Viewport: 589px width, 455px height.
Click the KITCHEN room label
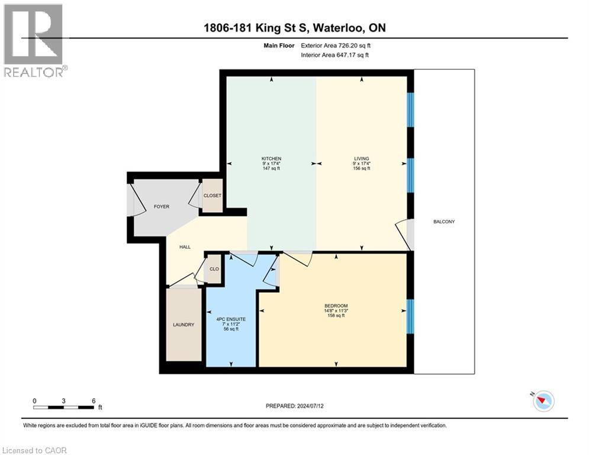click(x=271, y=159)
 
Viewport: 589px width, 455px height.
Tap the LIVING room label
click(x=361, y=159)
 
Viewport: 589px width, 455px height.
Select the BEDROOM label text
click(x=336, y=306)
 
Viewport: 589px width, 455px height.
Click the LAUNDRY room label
click(x=184, y=325)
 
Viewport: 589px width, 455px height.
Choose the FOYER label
click(x=162, y=207)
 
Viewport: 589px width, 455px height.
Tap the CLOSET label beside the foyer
click(x=212, y=196)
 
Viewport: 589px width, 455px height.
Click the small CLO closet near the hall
click(x=214, y=269)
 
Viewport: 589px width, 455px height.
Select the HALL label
click(x=185, y=246)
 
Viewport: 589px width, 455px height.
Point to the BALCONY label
click(x=444, y=222)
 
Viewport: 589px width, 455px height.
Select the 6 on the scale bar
click(x=93, y=400)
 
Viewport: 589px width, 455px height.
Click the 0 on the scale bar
click(x=34, y=400)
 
